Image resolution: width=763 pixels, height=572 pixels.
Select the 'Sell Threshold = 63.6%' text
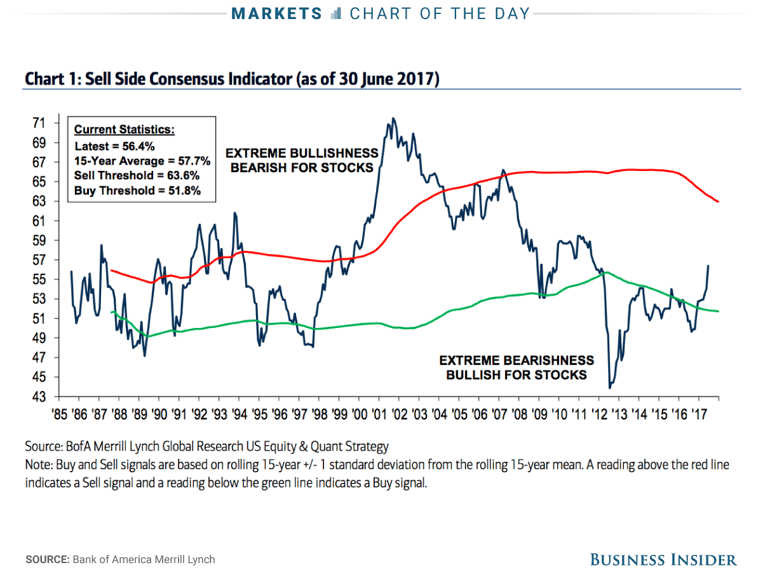coord(137,175)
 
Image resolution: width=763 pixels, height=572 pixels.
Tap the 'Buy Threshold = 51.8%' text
coord(137,190)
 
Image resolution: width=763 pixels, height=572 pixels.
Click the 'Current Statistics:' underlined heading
coord(124,130)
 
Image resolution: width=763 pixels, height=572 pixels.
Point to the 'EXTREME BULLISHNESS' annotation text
coord(302,154)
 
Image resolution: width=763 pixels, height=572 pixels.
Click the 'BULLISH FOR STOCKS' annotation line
coord(516,375)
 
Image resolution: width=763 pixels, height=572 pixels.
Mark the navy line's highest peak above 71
coord(393,118)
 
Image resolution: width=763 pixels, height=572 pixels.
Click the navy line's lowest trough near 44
coord(610,387)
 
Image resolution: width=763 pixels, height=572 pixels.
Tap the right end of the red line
coord(718,201)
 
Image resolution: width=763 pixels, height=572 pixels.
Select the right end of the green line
coord(718,311)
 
